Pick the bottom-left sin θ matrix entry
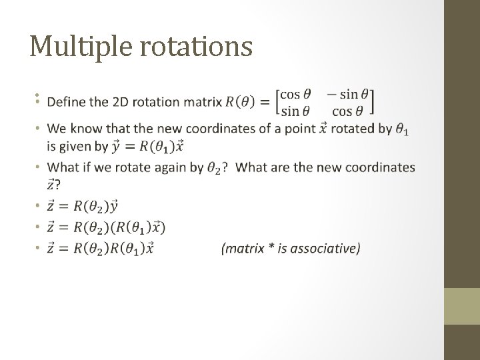coord(295,110)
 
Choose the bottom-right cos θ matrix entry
coord(351,110)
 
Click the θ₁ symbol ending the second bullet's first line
coord(401,130)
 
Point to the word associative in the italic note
coord(325,249)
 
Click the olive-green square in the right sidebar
coord(462,306)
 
